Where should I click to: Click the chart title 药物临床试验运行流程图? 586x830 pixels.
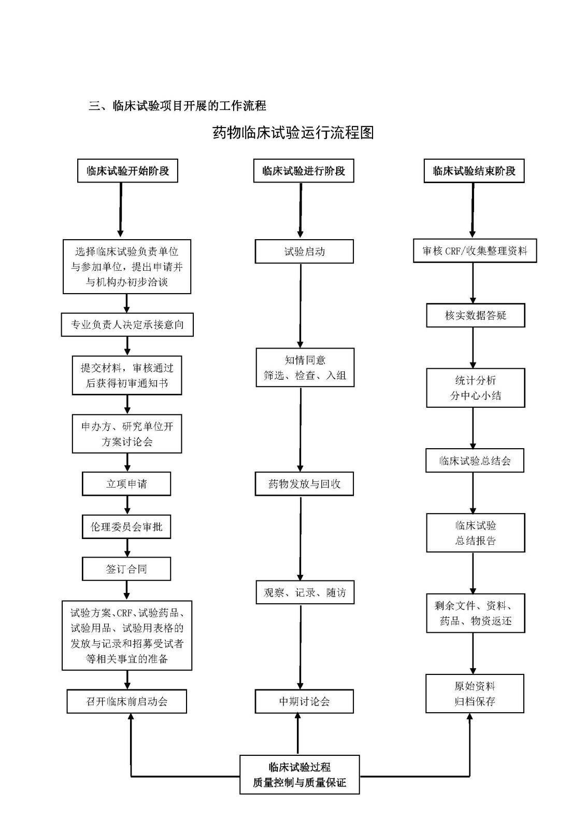tap(293, 133)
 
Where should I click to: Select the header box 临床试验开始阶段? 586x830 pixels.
tap(127, 171)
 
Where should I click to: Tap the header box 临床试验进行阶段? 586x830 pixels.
tap(304, 171)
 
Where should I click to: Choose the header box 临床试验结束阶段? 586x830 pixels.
tap(474, 171)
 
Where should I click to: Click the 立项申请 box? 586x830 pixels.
tap(126, 483)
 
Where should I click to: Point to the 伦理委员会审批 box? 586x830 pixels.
tap(126, 527)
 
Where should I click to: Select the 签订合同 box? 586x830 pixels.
tap(126, 569)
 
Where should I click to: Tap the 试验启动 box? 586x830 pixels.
tap(304, 252)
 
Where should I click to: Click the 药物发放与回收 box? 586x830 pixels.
tap(304, 483)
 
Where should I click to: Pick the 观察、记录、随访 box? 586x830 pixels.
tap(305, 592)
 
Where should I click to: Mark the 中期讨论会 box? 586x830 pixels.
tap(304, 701)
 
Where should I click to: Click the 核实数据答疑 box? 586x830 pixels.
tap(475, 315)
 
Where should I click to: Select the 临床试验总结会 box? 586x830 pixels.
tap(475, 461)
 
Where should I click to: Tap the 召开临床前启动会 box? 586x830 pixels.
tap(126, 701)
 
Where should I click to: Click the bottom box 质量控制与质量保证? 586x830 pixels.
tap(299, 774)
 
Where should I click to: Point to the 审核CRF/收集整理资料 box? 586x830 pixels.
tap(475, 251)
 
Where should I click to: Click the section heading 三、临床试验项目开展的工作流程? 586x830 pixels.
tap(178, 106)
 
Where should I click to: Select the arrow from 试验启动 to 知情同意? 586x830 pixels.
tap(301, 306)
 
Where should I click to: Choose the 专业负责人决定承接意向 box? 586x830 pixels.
tap(127, 325)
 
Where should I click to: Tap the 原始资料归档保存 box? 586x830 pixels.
tap(475, 694)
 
